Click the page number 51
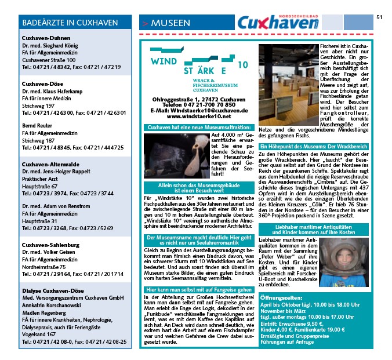click(379, 17)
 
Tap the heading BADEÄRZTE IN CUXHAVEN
click(69, 23)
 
